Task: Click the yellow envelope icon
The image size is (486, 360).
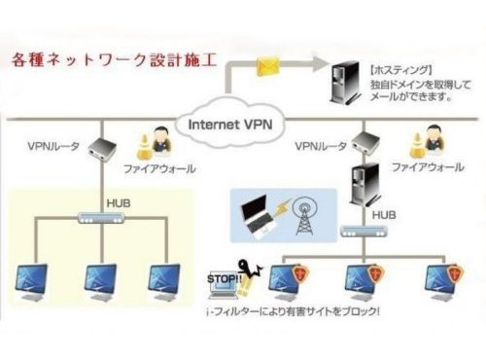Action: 268,66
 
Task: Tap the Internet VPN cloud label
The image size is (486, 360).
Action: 230,125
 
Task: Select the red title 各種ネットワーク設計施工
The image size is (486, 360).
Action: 114,59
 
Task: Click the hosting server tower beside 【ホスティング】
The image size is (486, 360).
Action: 345,82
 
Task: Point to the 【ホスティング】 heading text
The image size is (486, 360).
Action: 401,70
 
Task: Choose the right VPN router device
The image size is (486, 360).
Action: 365,142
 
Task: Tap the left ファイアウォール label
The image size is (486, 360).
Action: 159,168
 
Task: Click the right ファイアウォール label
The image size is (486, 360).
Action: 428,167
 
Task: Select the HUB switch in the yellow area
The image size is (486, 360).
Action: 102,218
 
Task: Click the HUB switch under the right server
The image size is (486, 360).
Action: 364,232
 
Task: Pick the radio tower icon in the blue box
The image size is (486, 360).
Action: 304,216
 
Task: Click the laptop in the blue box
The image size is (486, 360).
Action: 257,216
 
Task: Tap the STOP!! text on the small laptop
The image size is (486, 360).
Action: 225,279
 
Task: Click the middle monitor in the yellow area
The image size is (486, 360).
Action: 100,282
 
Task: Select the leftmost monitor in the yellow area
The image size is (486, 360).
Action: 32,282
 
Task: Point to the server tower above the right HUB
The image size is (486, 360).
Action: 365,185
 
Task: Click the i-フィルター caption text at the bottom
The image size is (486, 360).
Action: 294,312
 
